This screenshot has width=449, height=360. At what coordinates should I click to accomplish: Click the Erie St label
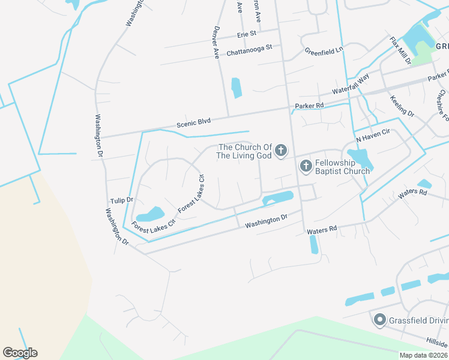tap(247, 34)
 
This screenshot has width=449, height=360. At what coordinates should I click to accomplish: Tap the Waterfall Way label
tap(351, 86)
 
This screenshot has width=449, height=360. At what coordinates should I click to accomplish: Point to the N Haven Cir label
tap(373, 139)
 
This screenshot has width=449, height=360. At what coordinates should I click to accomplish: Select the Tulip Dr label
tap(121, 200)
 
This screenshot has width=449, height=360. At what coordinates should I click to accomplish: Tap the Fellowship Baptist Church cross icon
tap(306, 166)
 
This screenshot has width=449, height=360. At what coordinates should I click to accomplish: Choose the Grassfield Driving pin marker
tap(379, 320)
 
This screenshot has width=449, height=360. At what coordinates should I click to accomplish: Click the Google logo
tap(20, 353)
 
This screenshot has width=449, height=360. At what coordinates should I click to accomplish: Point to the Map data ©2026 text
tap(423, 355)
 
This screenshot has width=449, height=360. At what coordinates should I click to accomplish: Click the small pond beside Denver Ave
tap(237, 88)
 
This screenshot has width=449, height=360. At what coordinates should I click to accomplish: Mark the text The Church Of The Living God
tap(245, 151)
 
